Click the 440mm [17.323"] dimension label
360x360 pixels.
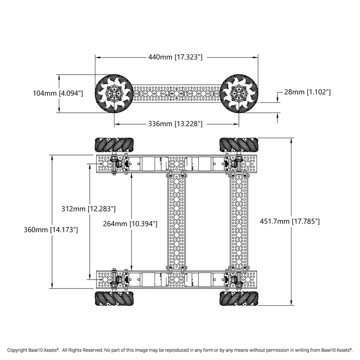tap(175, 57)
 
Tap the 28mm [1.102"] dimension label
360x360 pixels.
tap(307, 91)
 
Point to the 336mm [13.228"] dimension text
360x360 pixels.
tap(175, 124)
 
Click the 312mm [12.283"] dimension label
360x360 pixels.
tap(89, 209)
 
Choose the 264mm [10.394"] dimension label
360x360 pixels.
tap(130, 223)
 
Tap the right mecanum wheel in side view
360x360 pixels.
tap(238, 94)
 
